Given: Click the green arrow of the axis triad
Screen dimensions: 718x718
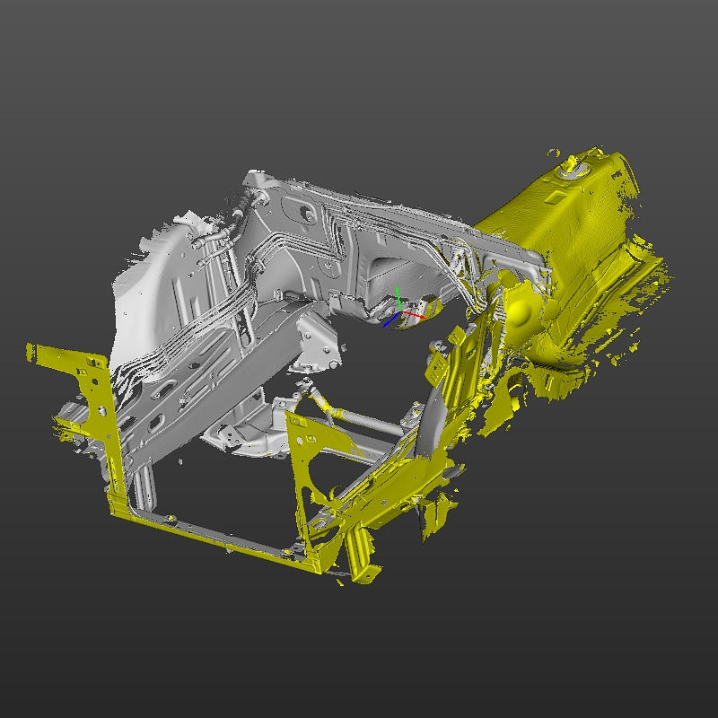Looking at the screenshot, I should (x=398, y=296).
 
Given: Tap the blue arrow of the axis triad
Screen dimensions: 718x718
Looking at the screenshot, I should (x=388, y=321).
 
